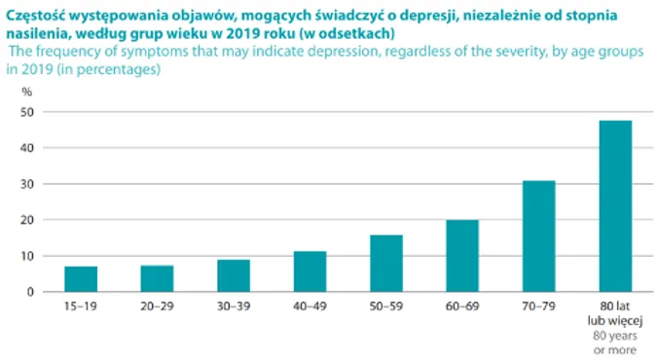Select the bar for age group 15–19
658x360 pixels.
pyautogui.click(x=81, y=278)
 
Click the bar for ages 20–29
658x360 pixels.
pyautogui.click(x=157, y=278)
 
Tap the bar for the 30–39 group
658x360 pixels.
pyautogui.click(x=234, y=275)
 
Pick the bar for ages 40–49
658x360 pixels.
pyautogui.click(x=310, y=271)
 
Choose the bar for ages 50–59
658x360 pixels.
pyautogui.click(x=386, y=263)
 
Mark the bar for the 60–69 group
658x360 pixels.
pyautogui.click(x=462, y=256)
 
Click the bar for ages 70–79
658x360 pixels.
pyautogui.click(x=539, y=236)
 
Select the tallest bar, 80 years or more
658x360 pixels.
pyautogui.click(x=615, y=206)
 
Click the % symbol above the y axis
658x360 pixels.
pyautogui.click(x=28, y=91)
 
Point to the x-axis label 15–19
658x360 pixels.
pyautogui.click(x=81, y=306)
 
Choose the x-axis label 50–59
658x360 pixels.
pyautogui.click(x=386, y=306)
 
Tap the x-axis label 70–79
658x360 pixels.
pyautogui.click(x=539, y=306)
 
